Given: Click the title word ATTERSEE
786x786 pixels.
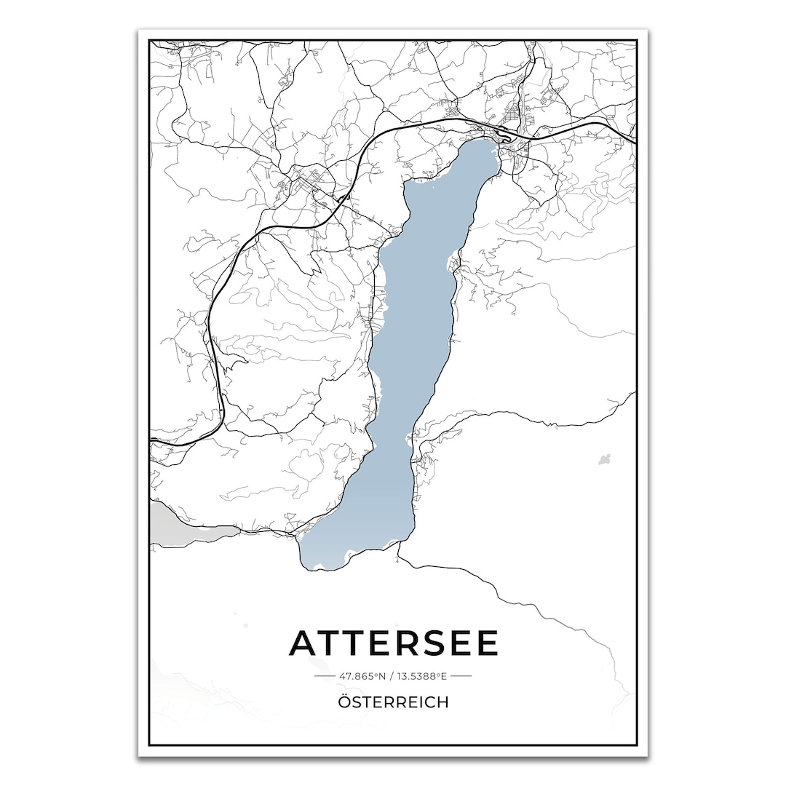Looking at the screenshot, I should (394, 643).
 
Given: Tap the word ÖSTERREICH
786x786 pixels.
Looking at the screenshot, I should (393, 702).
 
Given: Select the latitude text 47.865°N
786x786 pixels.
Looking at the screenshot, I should (362, 676).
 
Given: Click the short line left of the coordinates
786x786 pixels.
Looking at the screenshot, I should (324, 676).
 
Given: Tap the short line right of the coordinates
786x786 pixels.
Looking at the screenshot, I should (461, 676).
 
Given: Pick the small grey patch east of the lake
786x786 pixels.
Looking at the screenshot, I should (604, 459).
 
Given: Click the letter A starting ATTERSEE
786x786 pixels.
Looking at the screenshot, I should (304, 643).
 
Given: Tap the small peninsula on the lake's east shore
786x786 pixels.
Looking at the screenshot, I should (456, 260).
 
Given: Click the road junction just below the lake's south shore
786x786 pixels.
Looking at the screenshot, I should (398, 552).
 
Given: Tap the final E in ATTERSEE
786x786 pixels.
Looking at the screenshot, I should (485, 643).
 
